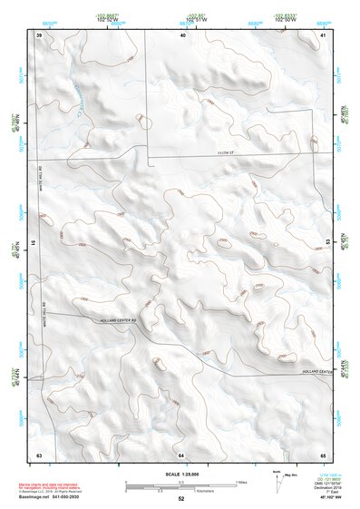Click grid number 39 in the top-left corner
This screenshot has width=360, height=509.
tap(39, 34)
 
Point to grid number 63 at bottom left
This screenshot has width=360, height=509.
tap(39, 453)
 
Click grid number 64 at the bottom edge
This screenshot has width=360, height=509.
tap(181, 453)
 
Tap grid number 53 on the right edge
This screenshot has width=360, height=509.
tap(328, 241)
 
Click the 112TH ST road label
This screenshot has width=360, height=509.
tap(226, 153)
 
